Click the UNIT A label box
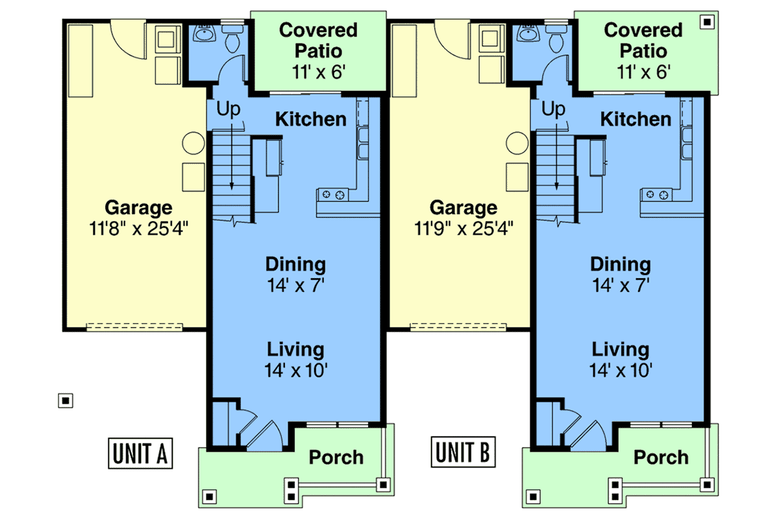(140, 453)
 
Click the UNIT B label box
(463, 452)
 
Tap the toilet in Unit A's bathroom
(232, 38)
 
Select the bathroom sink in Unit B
(528, 33)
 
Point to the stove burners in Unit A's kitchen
(333, 194)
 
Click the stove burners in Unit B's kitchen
(657, 194)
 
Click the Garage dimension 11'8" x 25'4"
(138, 229)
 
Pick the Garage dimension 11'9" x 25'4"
(464, 229)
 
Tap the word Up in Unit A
(228, 109)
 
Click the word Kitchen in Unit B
(636, 119)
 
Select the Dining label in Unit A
(295, 265)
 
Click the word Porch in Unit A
(336, 457)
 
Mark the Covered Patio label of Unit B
(643, 40)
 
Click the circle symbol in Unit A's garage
(193, 143)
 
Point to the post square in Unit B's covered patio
(707, 22)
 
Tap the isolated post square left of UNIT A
(66, 400)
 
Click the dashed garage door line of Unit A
(134, 327)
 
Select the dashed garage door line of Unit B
(458, 327)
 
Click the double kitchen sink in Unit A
(363, 143)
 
